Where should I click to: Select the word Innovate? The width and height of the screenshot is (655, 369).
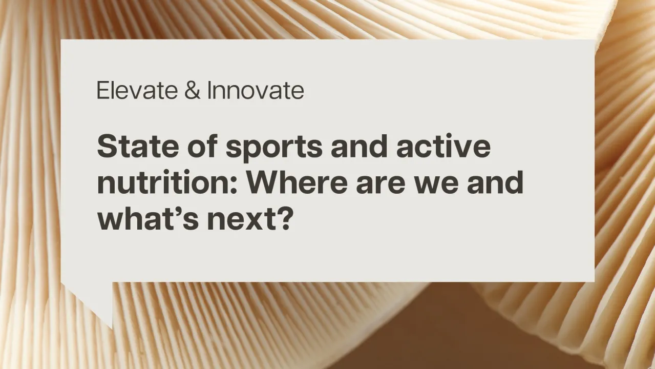[x=256, y=91]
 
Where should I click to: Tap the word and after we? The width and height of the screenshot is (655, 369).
[x=495, y=183]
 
